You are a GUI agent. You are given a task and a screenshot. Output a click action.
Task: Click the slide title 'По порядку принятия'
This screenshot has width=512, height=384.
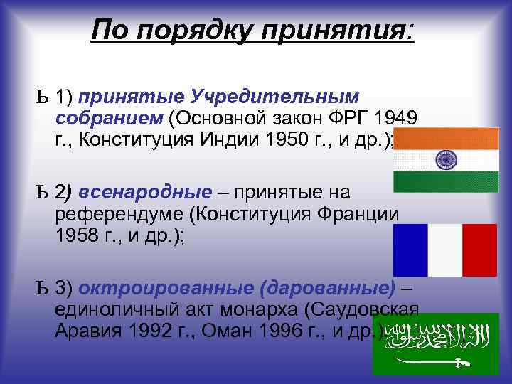coord(252,31)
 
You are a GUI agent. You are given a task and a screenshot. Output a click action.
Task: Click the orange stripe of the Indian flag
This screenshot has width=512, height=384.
coord(447,138)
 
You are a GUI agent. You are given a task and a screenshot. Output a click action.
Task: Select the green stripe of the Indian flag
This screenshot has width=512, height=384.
coord(447,181)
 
